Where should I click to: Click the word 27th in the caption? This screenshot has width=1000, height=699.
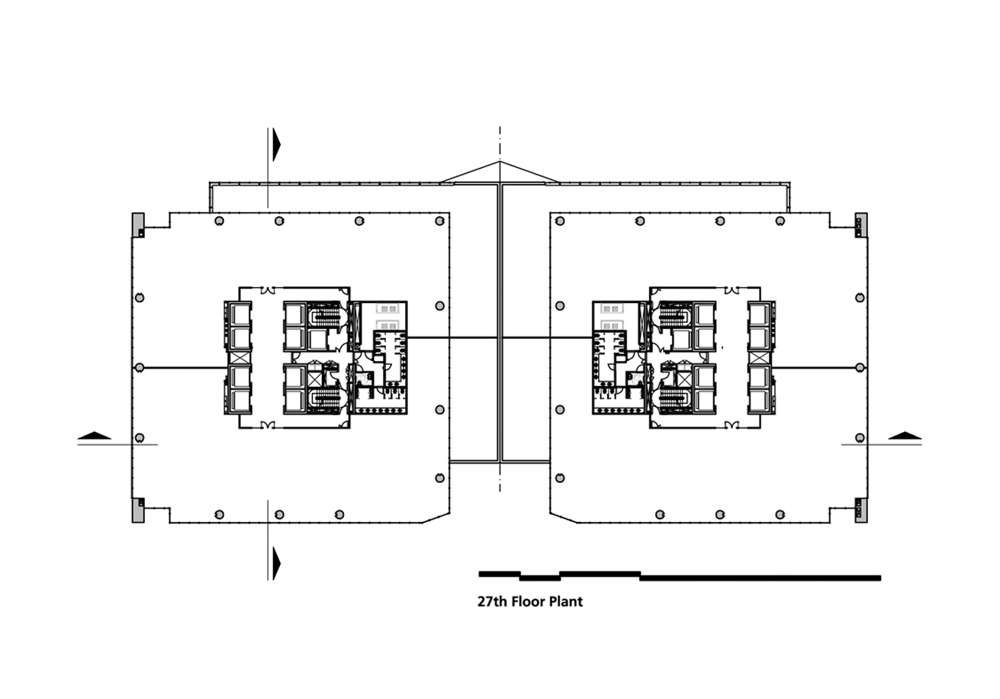click(x=493, y=601)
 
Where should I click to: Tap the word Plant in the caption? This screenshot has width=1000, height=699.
click(x=566, y=601)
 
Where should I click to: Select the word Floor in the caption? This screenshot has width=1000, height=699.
click(x=528, y=601)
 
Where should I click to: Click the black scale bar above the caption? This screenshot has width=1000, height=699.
click(x=680, y=575)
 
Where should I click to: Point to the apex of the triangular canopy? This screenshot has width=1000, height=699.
click(x=500, y=162)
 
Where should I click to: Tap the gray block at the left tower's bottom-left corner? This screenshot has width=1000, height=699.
click(x=138, y=510)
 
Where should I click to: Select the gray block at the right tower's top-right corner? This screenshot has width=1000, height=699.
click(x=861, y=225)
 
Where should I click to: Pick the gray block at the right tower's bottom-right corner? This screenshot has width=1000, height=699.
click(x=861, y=510)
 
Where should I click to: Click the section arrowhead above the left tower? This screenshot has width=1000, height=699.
click(x=276, y=145)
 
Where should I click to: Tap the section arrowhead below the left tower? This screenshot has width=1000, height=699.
click(x=276, y=563)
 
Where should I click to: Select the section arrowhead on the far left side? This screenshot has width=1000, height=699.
click(x=94, y=436)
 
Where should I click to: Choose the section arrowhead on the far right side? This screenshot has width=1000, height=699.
click(x=905, y=436)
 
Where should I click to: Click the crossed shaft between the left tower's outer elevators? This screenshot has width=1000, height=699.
click(x=238, y=358)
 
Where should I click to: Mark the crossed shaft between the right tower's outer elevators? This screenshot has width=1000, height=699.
click(x=761, y=358)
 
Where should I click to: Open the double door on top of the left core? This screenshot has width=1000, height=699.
click(x=268, y=290)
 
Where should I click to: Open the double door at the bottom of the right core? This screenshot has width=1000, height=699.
click(x=732, y=425)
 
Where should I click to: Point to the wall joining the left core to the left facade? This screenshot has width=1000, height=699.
click(x=184, y=368)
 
